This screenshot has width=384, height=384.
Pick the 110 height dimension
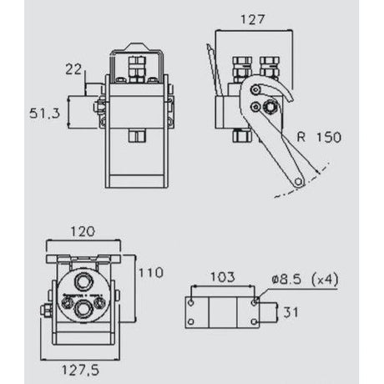coord(151,272)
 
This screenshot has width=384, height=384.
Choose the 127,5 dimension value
coord(83,366)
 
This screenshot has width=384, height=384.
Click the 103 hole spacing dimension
coord(221,276)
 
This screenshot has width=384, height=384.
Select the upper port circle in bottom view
coord(83,280)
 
